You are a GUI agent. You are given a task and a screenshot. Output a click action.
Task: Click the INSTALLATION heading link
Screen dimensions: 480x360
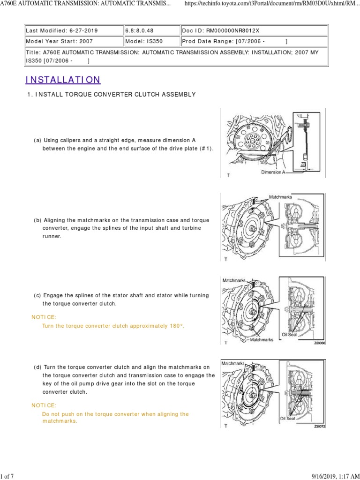pos(63,80)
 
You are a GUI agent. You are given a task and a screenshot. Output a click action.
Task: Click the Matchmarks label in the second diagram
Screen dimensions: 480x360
pos(281,197)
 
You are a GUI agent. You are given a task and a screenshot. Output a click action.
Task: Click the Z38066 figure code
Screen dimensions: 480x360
pos(320,343)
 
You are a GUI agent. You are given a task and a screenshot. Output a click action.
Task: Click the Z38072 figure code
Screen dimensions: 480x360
pos(320,427)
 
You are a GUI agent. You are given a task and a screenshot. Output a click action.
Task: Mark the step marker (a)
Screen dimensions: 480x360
pos(37,140)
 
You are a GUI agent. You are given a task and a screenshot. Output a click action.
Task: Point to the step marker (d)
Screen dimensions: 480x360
pos(37,367)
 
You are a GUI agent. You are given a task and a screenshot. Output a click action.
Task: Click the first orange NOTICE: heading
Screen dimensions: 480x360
pos(44,317)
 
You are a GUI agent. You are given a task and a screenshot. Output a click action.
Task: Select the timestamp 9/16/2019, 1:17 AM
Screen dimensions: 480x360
pos(336,476)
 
